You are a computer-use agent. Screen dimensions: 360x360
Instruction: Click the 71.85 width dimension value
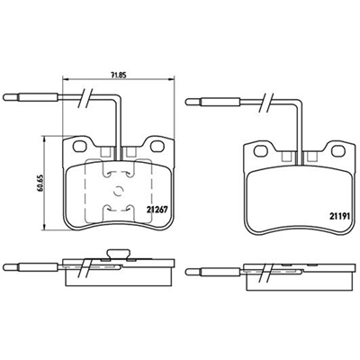(x=118, y=76)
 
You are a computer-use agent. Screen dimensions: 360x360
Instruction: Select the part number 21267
(x=157, y=210)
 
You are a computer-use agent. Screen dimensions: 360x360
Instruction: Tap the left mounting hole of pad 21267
(x=79, y=147)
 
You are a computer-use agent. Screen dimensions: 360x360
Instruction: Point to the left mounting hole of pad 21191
(x=260, y=151)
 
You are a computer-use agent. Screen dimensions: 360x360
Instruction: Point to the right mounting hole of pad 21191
(x=338, y=151)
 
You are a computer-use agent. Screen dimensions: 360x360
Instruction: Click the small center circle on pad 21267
(x=119, y=191)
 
